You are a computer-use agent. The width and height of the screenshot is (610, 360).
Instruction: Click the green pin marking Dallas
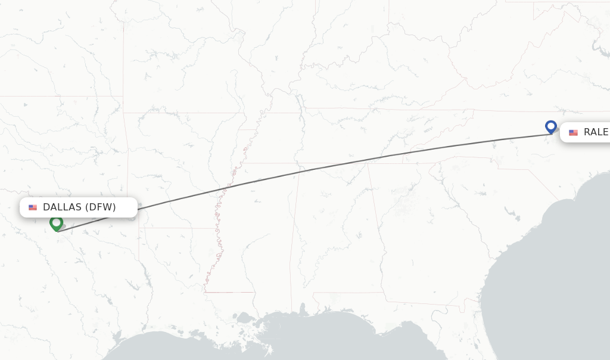[x=57, y=223]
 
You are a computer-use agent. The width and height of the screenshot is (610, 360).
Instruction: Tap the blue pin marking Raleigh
[x=551, y=127]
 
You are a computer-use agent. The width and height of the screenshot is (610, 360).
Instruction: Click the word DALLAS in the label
[x=63, y=207]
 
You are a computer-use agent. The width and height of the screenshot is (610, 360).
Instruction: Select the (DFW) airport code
[x=100, y=207]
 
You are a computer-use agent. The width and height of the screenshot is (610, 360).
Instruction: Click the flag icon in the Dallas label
[x=33, y=207]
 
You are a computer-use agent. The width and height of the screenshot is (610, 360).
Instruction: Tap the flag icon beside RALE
[x=573, y=132]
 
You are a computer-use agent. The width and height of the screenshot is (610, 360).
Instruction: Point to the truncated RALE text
[x=596, y=132]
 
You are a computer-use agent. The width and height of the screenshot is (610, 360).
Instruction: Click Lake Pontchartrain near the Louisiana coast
[x=245, y=318]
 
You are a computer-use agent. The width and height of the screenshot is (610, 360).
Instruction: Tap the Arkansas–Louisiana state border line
[x=173, y=228]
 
